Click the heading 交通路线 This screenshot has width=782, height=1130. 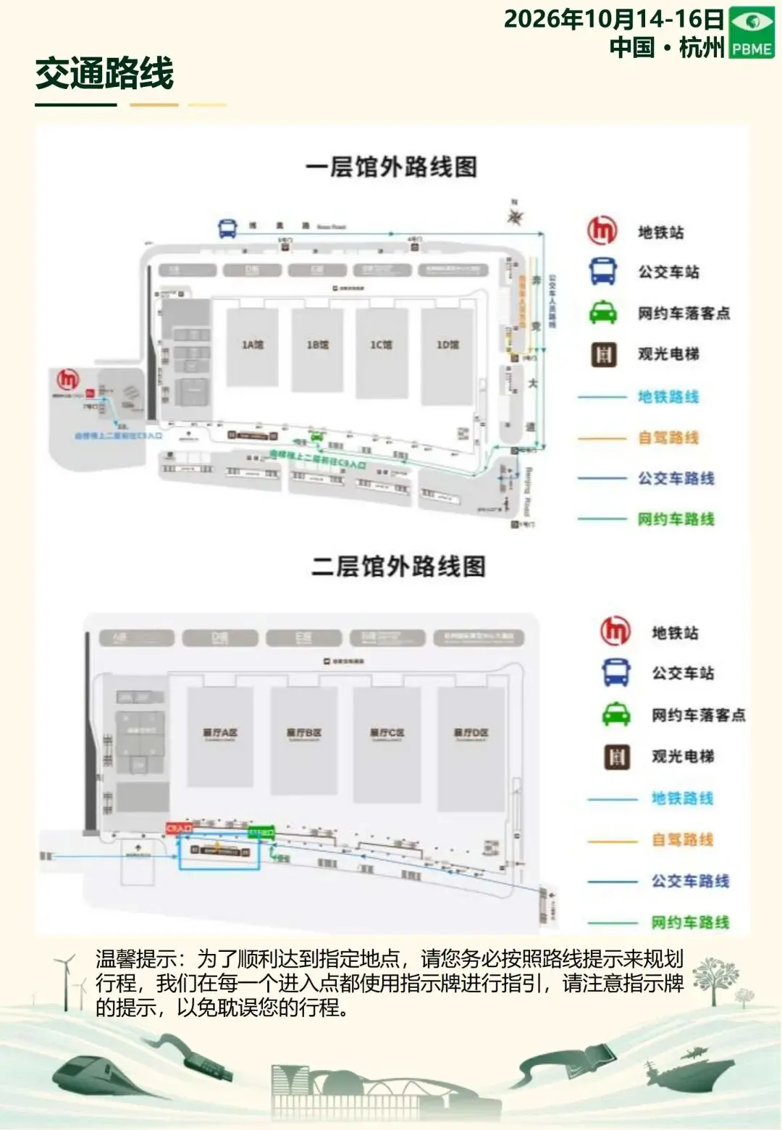[x=105, y=74]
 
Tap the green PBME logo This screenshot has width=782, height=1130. [x=751, y=33]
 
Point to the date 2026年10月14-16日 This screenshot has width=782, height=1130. [x=614, y=19]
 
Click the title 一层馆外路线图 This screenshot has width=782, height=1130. [x=391, y=167]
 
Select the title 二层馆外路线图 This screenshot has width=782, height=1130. [x=398, y=566]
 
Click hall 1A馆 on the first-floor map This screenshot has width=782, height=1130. [x=252, y=345]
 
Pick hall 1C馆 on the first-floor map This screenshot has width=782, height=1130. [x=382, y=345]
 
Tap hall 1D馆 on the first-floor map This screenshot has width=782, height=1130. [x=447, y=345]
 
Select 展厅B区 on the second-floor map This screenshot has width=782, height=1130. [x=304, y=733]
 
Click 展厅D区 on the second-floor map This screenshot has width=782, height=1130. [x=471, y=733]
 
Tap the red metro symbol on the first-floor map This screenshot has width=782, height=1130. [x=68, y=379]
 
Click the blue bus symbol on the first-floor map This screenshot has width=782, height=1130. [x=227, y=228]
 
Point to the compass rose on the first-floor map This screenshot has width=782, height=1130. [x=516, y=215]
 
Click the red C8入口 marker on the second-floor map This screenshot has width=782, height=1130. [x=179, y=827]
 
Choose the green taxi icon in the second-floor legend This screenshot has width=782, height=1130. [x=616, y=714]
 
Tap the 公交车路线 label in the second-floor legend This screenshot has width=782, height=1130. [x=690, y=881]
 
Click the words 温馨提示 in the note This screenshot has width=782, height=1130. [x=136, y=959]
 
